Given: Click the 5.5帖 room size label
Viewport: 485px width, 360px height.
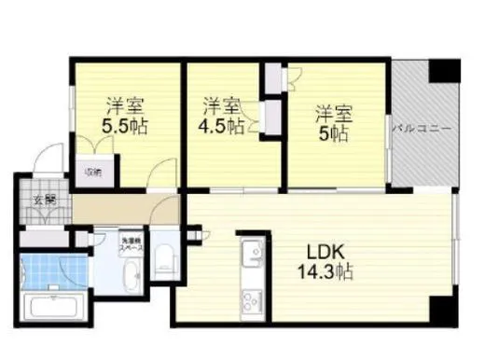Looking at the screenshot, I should click(x=123, y=125).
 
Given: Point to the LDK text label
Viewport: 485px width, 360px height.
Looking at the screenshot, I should click(x=326, y=252).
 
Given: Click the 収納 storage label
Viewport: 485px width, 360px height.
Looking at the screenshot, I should click(x=94, y=172).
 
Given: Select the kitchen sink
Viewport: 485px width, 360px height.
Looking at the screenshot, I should click(x=252, y=255).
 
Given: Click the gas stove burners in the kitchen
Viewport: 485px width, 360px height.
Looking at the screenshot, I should click(x=252, y=300).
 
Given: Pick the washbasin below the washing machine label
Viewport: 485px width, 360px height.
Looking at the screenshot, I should click(x=131, y=276).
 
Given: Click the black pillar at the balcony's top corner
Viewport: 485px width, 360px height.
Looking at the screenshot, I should click(x=444, y=70).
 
